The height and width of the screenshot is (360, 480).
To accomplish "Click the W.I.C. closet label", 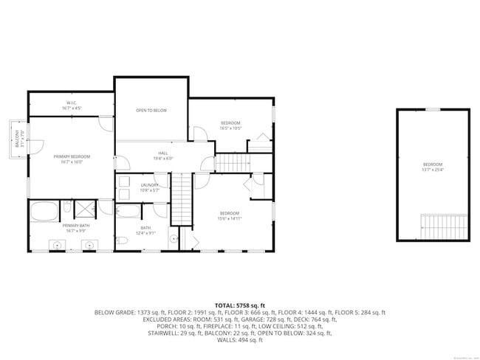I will click(x=72, y=103).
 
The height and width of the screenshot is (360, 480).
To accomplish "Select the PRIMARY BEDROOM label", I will click(x=72, y=156).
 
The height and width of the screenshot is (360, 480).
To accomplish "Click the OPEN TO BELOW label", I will click(x=151, y=111).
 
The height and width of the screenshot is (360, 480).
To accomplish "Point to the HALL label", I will click(x=162, y=153).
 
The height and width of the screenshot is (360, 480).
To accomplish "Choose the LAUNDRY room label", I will click(x=150, y=185).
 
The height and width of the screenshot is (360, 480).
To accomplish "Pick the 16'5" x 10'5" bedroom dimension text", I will click(x=230, y=128).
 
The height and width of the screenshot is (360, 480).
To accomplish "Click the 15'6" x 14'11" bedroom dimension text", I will click(x=230, y=218).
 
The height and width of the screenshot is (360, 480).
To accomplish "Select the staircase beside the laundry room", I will click(x=182, y=199).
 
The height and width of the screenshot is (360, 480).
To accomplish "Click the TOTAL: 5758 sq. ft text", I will click(x=240, y=305).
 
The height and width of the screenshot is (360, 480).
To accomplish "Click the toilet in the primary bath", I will click(x=66, y=207).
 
